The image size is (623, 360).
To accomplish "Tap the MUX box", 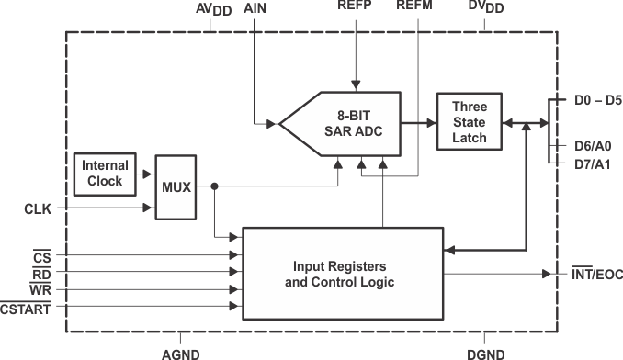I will coord(176,186).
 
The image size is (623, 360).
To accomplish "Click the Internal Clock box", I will coord(105,174).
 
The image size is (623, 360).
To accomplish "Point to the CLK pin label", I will coord(38,208).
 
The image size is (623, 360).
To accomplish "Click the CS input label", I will coord(41,256).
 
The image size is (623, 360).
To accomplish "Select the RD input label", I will coord(41,273).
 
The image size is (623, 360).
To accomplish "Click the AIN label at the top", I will coord(256,7).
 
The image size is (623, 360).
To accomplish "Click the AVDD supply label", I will coord(213,9).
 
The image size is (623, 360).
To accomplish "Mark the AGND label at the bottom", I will coord(179,353).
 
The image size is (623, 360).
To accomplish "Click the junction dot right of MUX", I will coord(213,186).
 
